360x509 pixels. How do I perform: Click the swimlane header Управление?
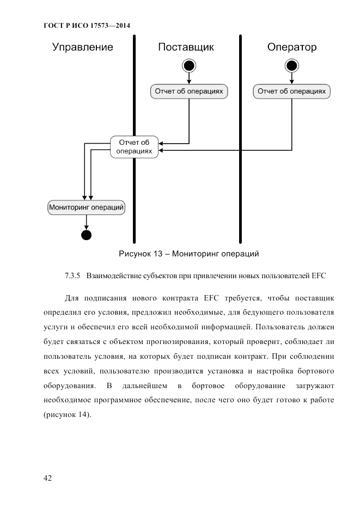[x=83, y=47]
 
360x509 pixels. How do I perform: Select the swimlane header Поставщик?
[x=186, y=47]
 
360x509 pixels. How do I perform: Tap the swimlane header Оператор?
[x=292, y=47]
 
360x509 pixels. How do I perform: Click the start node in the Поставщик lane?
[x=189, y=66]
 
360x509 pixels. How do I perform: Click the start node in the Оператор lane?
[x=292, y=66]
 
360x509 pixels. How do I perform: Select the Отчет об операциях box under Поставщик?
[x=189, y=91]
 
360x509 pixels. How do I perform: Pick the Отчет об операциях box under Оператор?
[x=292, y=91]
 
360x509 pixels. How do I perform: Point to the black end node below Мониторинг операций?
[x=86, y=235]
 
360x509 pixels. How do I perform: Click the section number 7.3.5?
[x=72, y=275]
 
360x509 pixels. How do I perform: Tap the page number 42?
[x=47, y=478]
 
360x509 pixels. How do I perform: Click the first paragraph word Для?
[x=72, y=298]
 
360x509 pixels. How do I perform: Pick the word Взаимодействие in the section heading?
[x=114, y=275]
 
